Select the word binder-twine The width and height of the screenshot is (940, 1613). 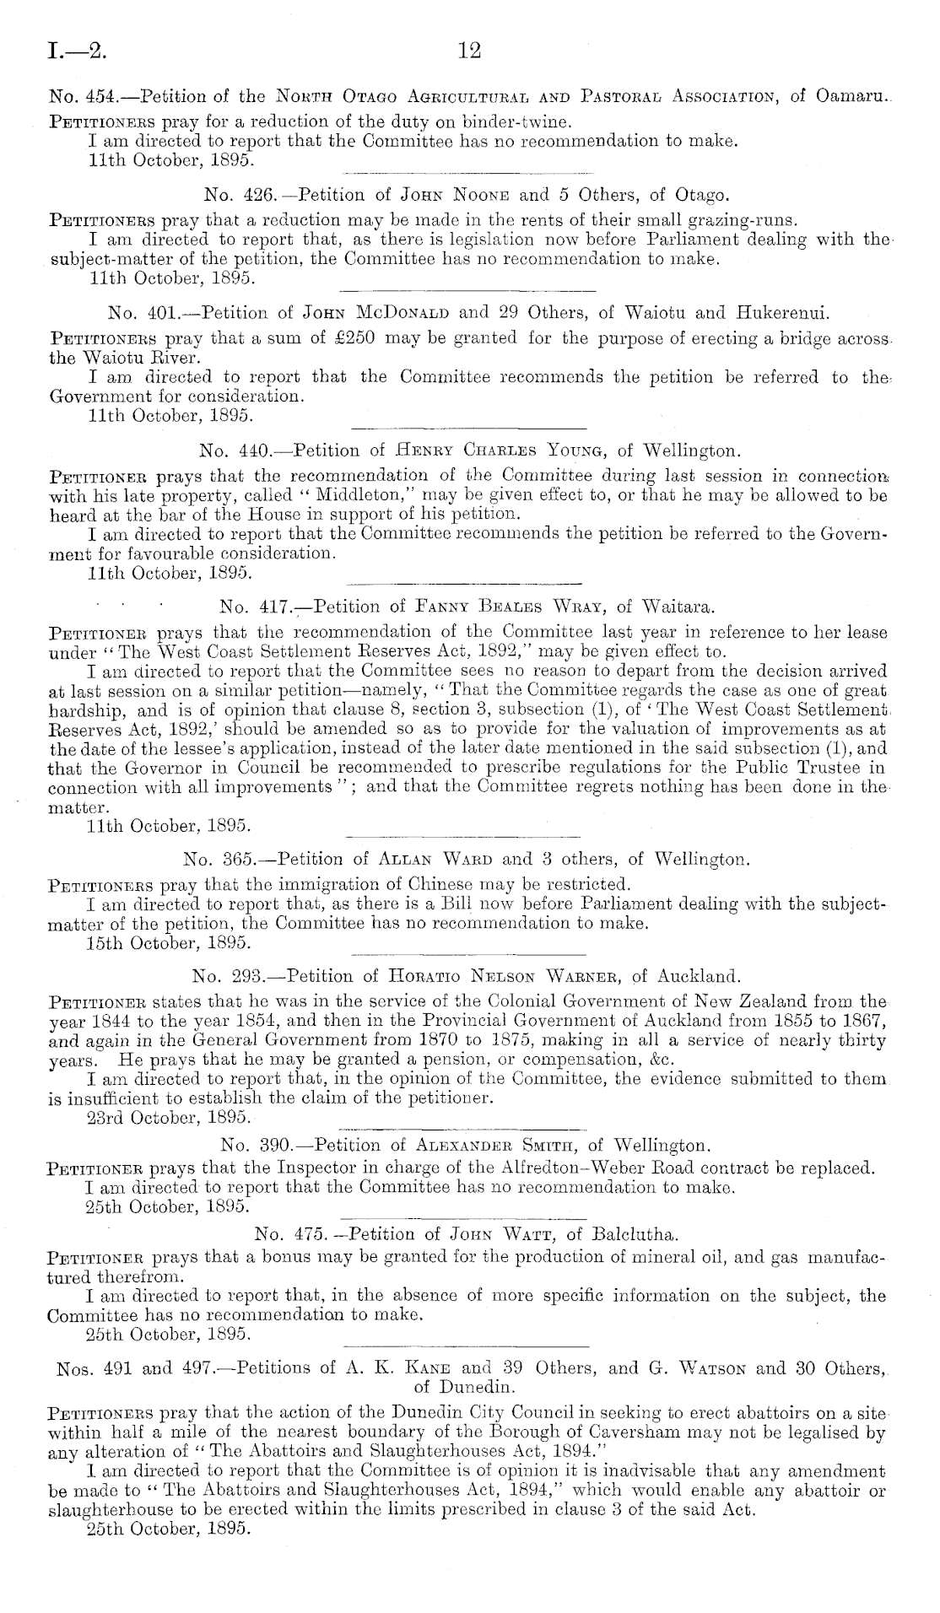[x=542, y=119]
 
